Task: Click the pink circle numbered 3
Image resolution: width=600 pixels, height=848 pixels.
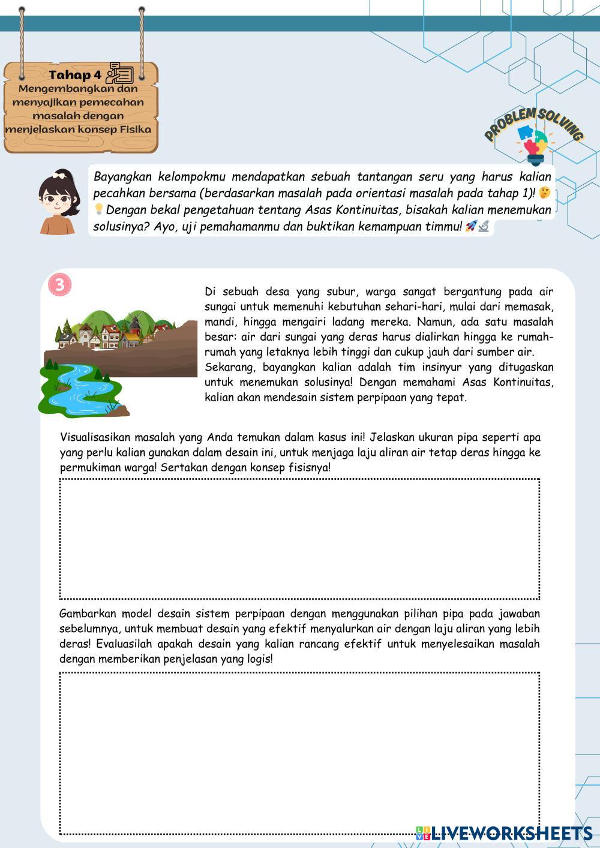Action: pos(59,285)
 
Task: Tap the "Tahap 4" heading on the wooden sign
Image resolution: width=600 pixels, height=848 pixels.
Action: pos(75,75)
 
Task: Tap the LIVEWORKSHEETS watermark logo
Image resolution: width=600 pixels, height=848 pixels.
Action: pos(504,833)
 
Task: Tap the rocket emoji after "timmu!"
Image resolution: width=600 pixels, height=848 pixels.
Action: pos(471,226)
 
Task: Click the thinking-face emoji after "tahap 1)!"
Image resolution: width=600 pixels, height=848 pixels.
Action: pos(544,193)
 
